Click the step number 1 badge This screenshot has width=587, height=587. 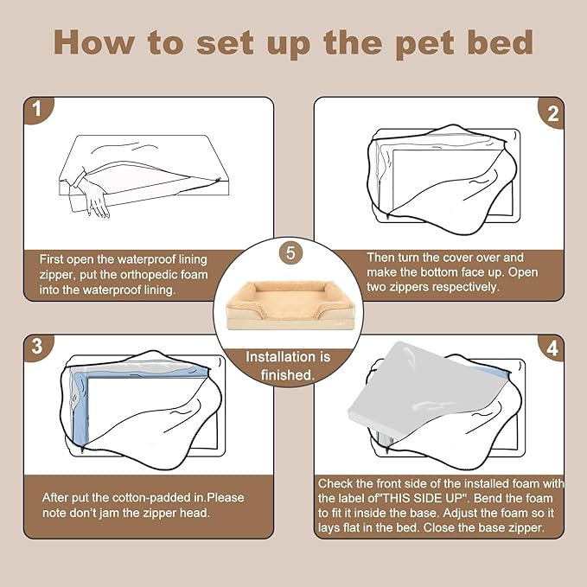click(36, 110)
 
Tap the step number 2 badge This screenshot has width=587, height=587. click(552, 112)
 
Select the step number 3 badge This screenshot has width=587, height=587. click(36, 347)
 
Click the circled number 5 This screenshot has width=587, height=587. click(291, 254)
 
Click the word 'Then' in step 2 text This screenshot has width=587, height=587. click(381, 257)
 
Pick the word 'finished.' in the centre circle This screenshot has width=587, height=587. click(288, 374)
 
